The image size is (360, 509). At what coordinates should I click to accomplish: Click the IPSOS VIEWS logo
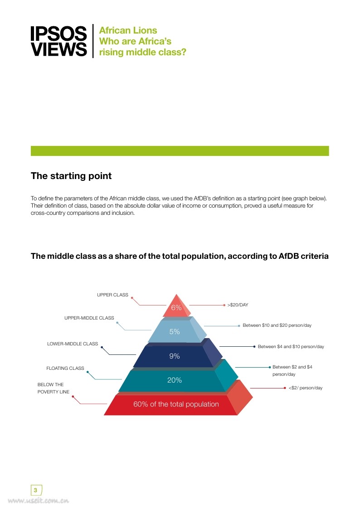pos(58,41)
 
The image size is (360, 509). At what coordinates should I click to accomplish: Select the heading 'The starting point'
pos(71,176)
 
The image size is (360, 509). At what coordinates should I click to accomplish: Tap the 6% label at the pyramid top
pos(176,308)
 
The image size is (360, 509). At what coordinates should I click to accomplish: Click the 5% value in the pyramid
pos(175,332)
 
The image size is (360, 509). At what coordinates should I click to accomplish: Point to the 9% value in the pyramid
pos(175,356)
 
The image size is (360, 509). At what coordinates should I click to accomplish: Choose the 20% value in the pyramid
pos(175,380)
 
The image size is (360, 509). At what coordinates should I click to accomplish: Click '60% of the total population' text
pos(176,404)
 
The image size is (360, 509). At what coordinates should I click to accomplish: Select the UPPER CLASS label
pos(112,295)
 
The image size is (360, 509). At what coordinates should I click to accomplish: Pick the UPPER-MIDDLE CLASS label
pos(89,318)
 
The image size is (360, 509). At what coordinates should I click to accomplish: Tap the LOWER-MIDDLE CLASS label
pos(73,344)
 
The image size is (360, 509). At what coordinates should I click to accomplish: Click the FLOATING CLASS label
pos(65,368)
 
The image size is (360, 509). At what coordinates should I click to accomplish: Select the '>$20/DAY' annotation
pos(238,305)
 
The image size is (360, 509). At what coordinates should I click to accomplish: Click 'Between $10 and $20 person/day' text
pos(277,325)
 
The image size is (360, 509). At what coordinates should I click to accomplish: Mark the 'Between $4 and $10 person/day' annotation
pos(291,347)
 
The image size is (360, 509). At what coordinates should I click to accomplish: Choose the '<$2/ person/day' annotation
pos(305,388)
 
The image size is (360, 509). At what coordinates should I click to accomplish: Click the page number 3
pos(36,490)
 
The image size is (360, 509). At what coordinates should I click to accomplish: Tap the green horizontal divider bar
pos(180,151)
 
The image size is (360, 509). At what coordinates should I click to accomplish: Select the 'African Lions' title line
pos(128,31)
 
